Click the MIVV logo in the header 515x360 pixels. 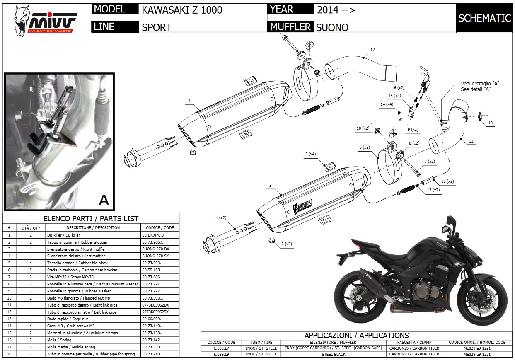[46, 19]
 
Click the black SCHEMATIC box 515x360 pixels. [484, 18]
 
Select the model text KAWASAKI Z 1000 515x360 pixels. [182, 10]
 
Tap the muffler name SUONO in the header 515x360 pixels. [332, 27]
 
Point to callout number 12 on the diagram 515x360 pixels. [372, 50]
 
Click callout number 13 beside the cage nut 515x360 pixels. [490, 123]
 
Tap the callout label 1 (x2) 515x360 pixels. [221, 217]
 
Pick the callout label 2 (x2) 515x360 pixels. [287, 244]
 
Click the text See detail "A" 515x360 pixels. [476, 89]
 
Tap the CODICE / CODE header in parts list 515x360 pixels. [160, 227]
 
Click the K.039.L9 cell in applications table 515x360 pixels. [222, 354]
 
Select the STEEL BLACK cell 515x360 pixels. [333, 354]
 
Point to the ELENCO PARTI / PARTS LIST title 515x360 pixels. [91, 219]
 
